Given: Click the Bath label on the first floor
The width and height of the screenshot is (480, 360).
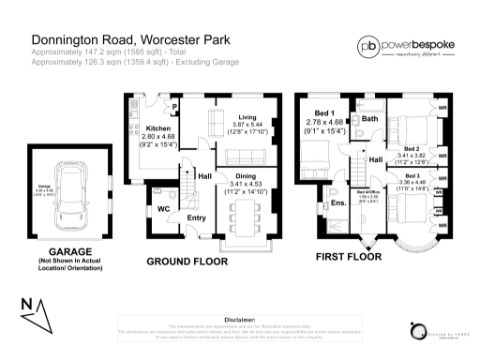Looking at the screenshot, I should (x=369, y=119).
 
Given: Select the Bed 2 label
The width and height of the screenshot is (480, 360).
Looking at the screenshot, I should (x=412, y=149).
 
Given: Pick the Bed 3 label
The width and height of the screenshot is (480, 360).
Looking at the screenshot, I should (x=412, y=176).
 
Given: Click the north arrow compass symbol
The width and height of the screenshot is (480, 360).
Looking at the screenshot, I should (x=34, y=313).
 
